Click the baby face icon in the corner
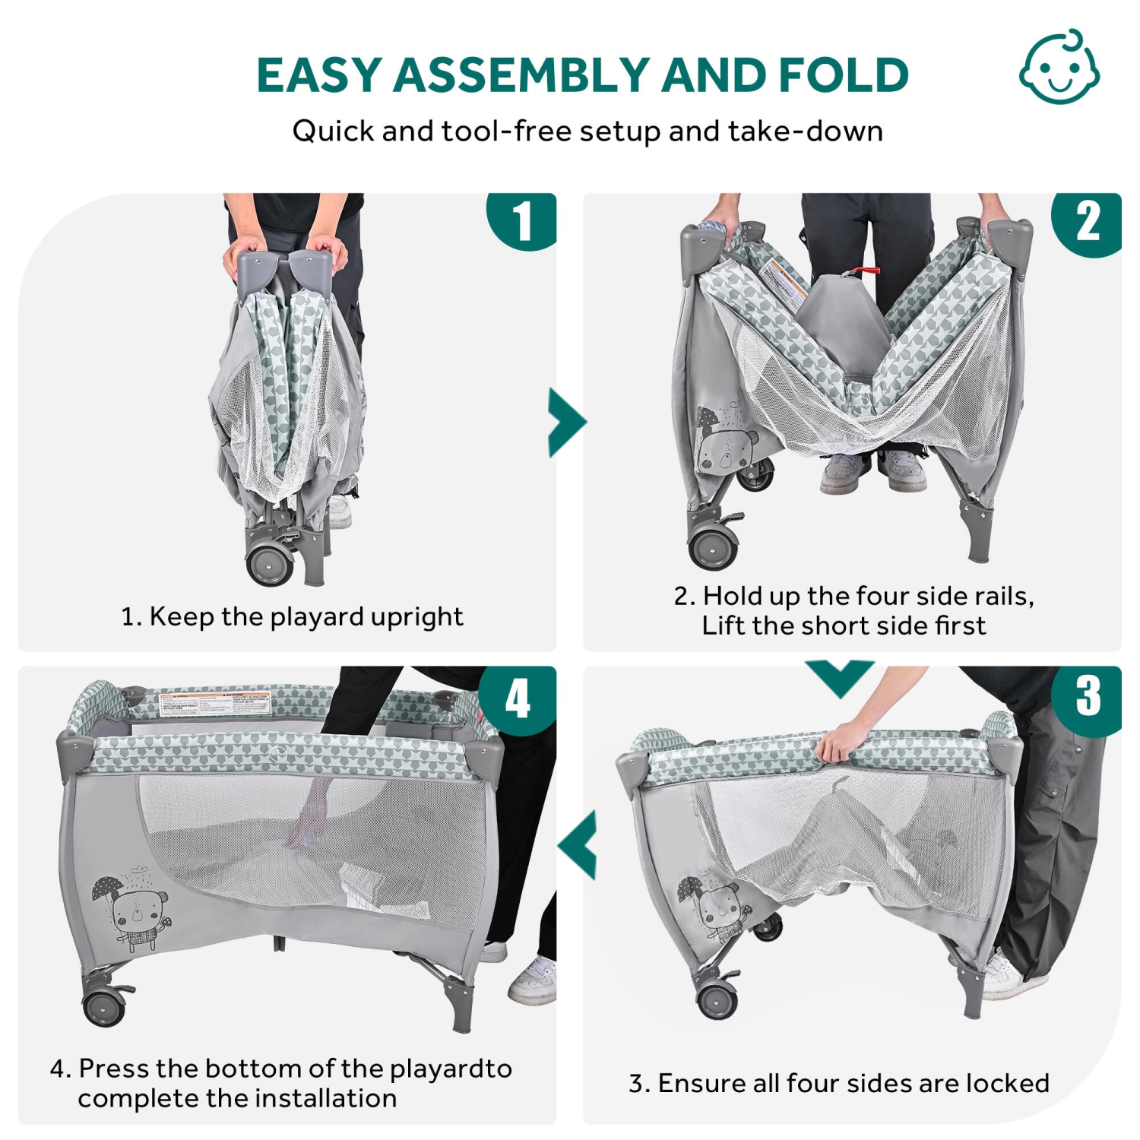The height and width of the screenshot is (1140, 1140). click(1059, 68)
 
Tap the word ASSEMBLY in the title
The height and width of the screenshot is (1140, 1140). click(521, 75)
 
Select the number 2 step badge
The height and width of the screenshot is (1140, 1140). click(1088, 223)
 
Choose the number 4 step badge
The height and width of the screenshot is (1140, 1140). click(518, 698)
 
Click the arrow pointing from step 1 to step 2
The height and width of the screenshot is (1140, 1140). click(566, 423)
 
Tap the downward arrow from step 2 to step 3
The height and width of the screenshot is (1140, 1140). click(841, 676)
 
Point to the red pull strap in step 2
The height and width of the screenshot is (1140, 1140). click(863, 271)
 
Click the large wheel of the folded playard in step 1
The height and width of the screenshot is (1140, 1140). click(270, 563)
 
